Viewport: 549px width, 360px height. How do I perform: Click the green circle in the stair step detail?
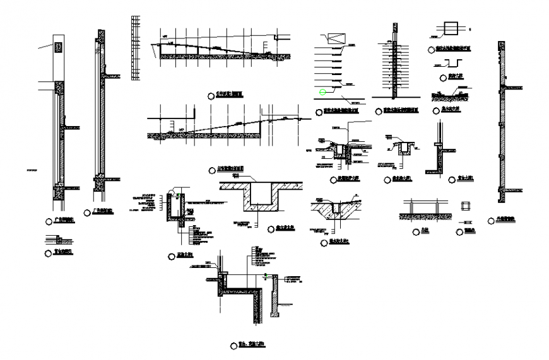point(322,93)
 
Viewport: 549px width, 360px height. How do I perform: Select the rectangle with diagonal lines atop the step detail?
point(333,37)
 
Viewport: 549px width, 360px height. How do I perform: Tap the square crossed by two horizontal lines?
point(451,28)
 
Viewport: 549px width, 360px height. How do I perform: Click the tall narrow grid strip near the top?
point(134,48)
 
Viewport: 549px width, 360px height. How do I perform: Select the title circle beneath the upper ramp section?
point(211,95)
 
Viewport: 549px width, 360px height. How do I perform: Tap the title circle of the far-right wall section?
point(490,220)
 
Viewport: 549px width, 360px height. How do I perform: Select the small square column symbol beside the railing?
point(466,206)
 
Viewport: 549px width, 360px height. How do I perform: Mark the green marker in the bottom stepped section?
point(266,276)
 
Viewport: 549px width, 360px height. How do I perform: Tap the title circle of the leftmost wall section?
point(49,221)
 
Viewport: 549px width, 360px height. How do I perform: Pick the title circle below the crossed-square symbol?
point(430,49)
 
